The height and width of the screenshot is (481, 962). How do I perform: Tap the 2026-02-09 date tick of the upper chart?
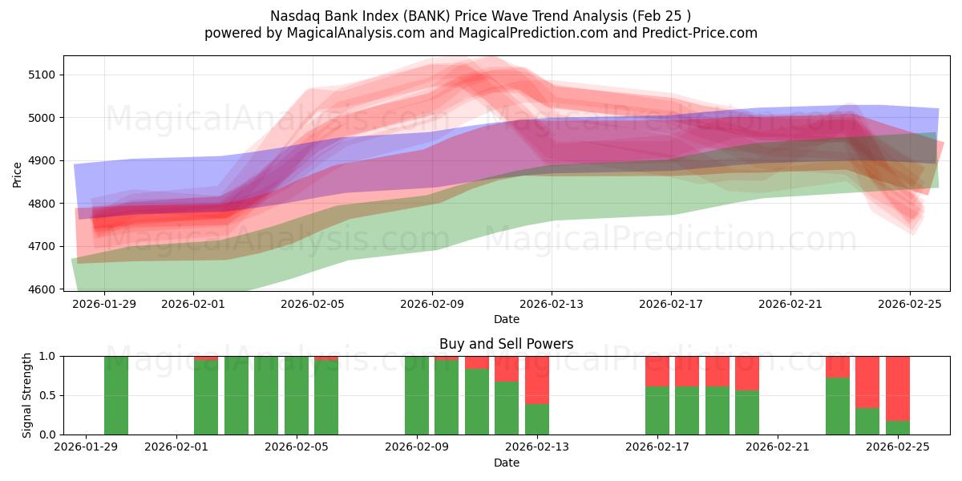click(x=432, y=304)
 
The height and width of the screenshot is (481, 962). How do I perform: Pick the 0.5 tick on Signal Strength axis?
click(x=47, y=395)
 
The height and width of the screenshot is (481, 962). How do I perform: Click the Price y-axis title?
click(x=17, y=173)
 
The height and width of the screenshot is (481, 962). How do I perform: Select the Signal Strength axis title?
click(x=26, y=395)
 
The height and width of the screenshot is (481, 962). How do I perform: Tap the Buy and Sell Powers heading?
click(x=506, y=344)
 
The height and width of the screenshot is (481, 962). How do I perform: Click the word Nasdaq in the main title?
click(x=297, y=15)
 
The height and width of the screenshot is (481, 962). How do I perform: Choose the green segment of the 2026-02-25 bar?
click(x=898, y=428)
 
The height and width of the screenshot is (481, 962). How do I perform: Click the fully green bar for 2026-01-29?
click(x=116, y=395)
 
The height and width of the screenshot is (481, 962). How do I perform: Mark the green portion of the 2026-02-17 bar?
click(x=657, y=410)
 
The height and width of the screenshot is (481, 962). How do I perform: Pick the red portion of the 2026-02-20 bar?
click(x=747, y=373)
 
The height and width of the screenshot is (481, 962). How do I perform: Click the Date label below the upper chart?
click(x=506, y=319)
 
